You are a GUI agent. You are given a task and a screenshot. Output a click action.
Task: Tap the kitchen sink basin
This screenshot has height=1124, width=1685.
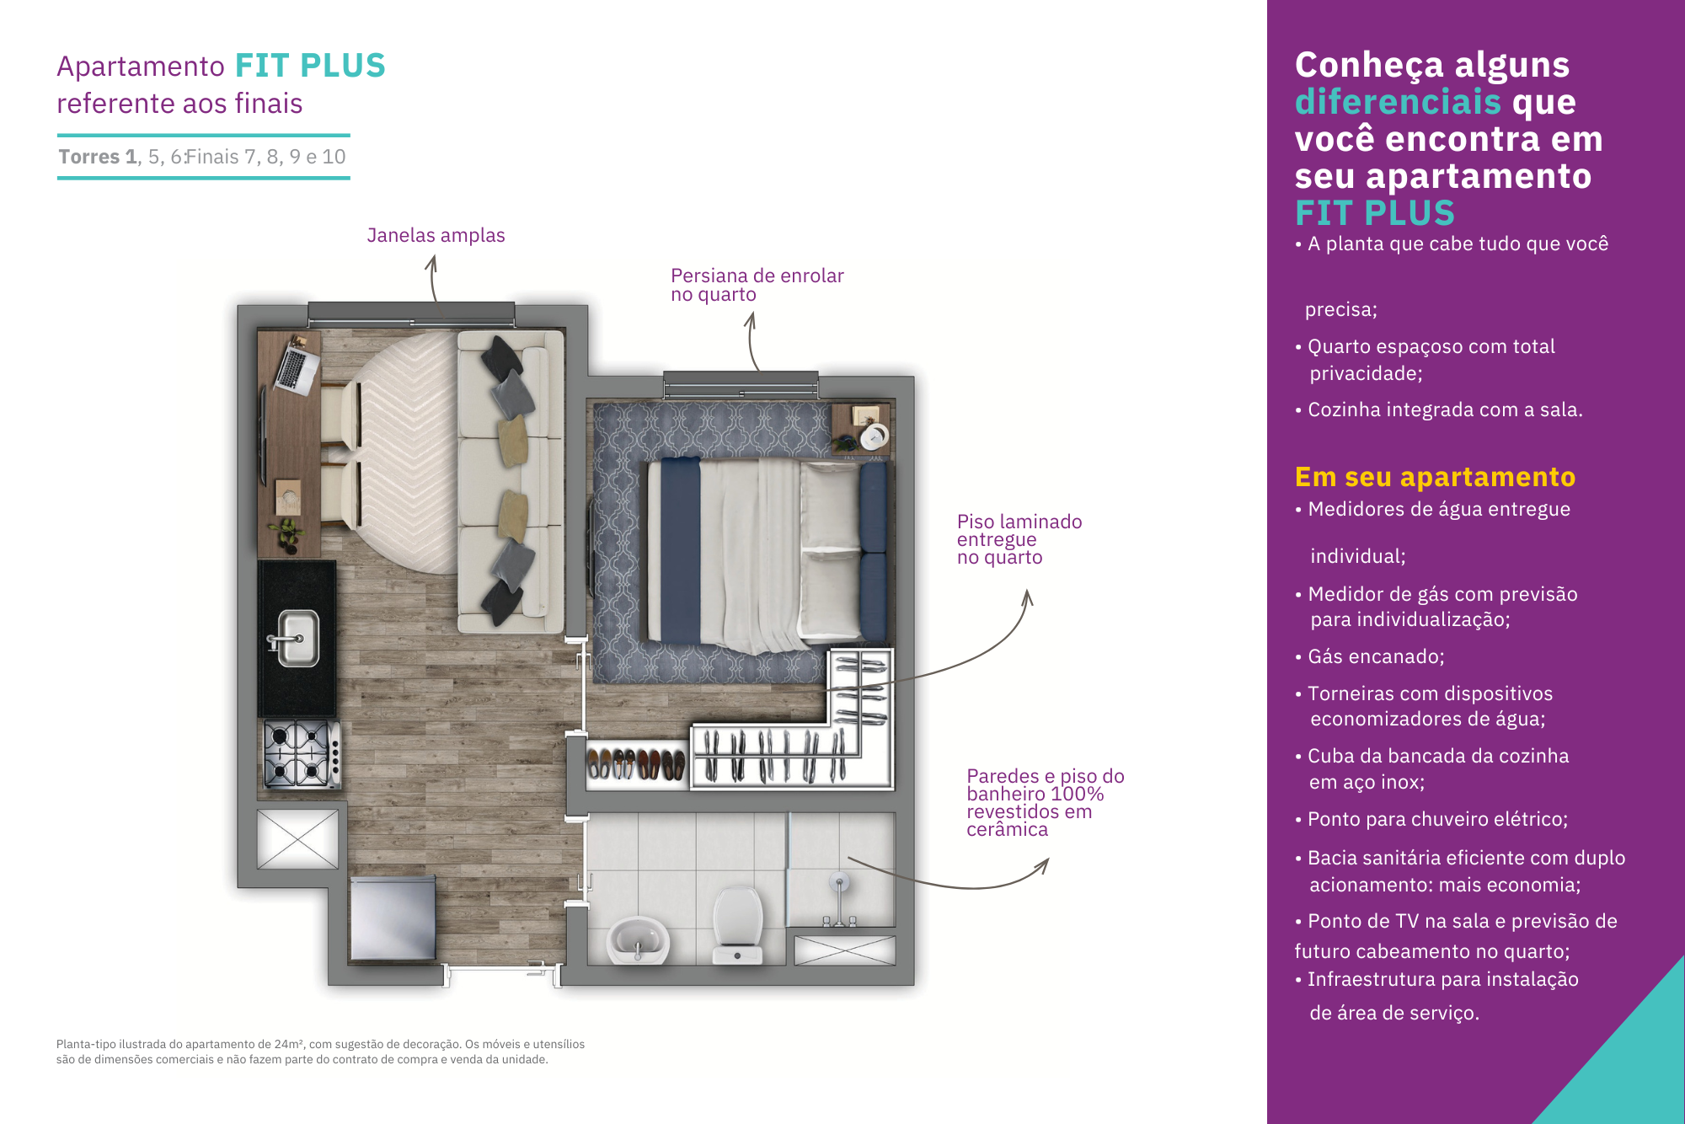point(297,638)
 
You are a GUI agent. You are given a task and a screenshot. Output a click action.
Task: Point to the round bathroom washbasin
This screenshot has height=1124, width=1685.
point(639,940)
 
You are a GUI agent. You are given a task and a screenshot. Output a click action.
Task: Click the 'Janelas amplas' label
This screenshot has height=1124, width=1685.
point(436,235)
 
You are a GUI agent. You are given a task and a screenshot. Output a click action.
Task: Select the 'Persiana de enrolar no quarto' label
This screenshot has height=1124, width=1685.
point(757,285)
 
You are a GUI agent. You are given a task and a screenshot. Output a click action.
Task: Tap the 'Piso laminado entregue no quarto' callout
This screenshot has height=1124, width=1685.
point(1019,539)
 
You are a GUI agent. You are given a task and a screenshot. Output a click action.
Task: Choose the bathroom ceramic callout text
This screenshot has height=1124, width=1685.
point(1046,802)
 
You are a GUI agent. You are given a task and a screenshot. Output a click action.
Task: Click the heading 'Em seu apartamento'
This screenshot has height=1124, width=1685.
point(1435,477)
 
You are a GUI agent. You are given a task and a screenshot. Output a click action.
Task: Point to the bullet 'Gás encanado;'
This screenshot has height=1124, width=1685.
point(1370,656)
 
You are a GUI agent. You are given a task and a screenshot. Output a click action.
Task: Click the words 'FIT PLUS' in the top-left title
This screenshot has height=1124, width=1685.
point(310,66)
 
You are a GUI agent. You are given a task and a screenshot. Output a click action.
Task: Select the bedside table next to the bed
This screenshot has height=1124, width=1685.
point(860,430)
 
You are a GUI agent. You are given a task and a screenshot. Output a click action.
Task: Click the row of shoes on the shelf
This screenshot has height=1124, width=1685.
point(636,764)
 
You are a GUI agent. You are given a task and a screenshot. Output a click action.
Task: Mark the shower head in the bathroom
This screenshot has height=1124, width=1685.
point(838,883)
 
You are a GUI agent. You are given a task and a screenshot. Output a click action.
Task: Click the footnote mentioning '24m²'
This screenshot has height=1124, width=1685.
point(320,1052)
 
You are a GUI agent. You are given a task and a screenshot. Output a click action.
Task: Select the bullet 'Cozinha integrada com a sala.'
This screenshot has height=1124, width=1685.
point(1439,409)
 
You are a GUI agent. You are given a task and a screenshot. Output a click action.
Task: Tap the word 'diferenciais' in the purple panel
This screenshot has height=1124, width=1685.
point(1398,102)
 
